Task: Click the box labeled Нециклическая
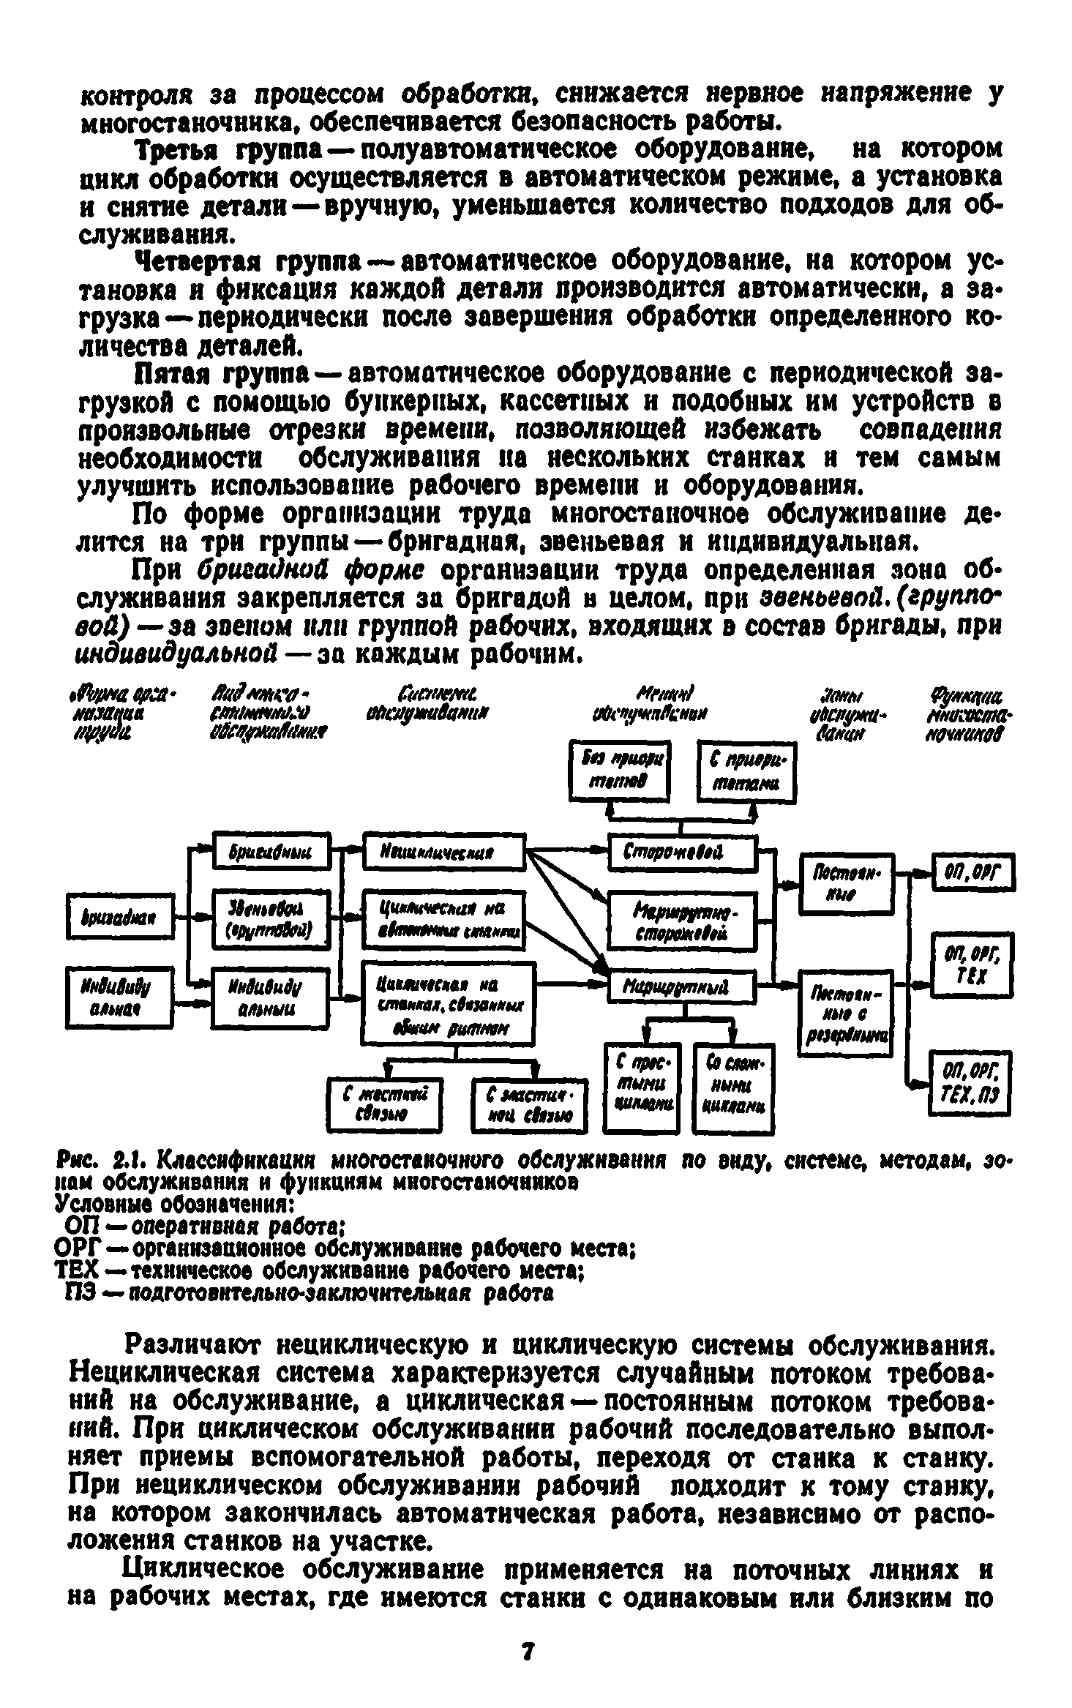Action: (443, 851)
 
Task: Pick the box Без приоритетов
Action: (620, 771)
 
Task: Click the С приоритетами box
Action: (746, 772)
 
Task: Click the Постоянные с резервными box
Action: (846, 1014)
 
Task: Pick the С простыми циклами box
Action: (642, 1086)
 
